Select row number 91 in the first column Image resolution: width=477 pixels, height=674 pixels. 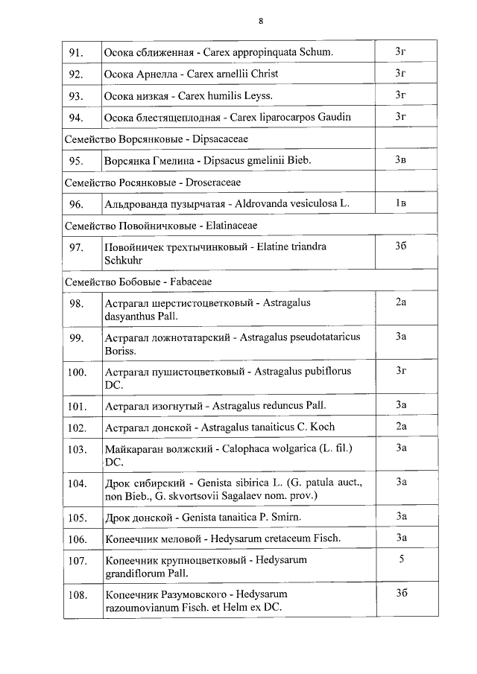[x=75, y=52]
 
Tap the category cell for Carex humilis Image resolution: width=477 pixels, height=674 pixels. [x=400, y=95]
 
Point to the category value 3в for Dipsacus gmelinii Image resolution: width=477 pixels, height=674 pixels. [x=400, y=160]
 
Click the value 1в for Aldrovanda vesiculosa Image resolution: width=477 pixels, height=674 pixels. [x=400, y=203]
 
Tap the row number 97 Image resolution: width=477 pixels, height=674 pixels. [x=75, y=247]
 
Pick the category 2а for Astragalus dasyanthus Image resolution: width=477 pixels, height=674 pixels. [x=400, y=302]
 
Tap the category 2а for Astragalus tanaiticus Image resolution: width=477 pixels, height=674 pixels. [x=400, y=427]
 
